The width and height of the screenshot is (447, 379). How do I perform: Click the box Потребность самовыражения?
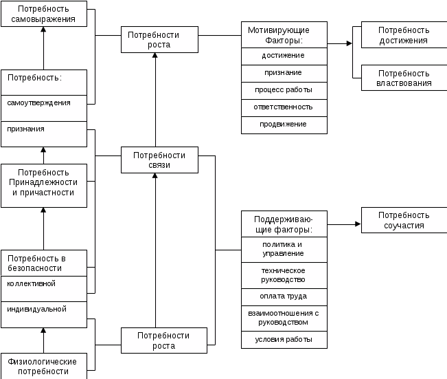(44, 14)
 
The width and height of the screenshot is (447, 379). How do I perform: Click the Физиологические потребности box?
(44, 365)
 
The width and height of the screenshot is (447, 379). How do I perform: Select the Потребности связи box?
(159, 160)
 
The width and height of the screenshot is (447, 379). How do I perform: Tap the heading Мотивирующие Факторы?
(284, 34)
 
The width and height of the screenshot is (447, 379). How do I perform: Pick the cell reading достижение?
(284, 55)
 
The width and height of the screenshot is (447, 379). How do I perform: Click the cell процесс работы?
(284, 90)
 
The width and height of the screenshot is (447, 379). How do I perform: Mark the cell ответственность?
(284, 107)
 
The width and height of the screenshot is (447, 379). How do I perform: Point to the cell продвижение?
(284, 124)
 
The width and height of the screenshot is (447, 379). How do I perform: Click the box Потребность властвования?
(404, 78)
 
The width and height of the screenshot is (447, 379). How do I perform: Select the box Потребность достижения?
(404, 35)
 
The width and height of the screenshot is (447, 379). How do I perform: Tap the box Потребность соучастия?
(404, 220)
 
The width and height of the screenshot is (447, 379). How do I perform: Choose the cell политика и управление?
(284, 249)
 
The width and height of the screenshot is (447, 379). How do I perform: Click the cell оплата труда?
(284, 296)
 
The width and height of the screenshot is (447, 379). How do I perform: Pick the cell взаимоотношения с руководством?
(284, 318)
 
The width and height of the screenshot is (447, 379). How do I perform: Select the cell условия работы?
(284, 340)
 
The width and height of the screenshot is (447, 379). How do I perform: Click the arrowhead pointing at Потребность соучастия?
(358, 224)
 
